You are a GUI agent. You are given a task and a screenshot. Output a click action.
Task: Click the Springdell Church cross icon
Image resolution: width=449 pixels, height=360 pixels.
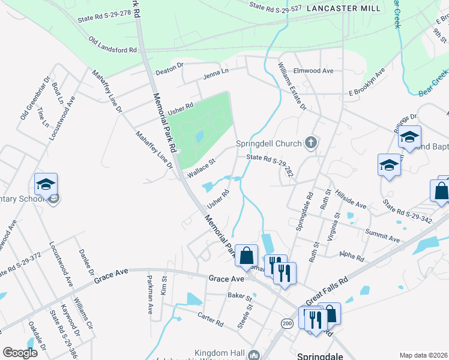point(310,143)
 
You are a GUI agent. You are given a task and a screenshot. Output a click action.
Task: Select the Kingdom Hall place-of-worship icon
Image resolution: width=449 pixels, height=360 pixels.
point(253,355)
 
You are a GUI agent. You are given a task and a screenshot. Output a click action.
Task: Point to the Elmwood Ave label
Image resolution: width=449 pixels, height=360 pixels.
point(313,71)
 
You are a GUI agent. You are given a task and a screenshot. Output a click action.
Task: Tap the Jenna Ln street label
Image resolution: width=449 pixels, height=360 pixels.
point(216,72)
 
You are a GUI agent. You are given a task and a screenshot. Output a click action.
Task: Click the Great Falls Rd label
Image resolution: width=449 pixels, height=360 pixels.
point(327,290)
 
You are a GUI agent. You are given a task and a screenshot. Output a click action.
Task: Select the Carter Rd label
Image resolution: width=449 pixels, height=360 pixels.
point(211,319)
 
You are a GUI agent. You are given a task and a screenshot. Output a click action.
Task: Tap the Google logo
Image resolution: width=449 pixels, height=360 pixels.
point(20,353)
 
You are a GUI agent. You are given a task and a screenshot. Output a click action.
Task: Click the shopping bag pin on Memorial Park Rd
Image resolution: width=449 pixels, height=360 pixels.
point(246,256)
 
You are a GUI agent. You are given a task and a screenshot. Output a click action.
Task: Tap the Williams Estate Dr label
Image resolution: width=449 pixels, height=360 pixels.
point(292,88)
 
